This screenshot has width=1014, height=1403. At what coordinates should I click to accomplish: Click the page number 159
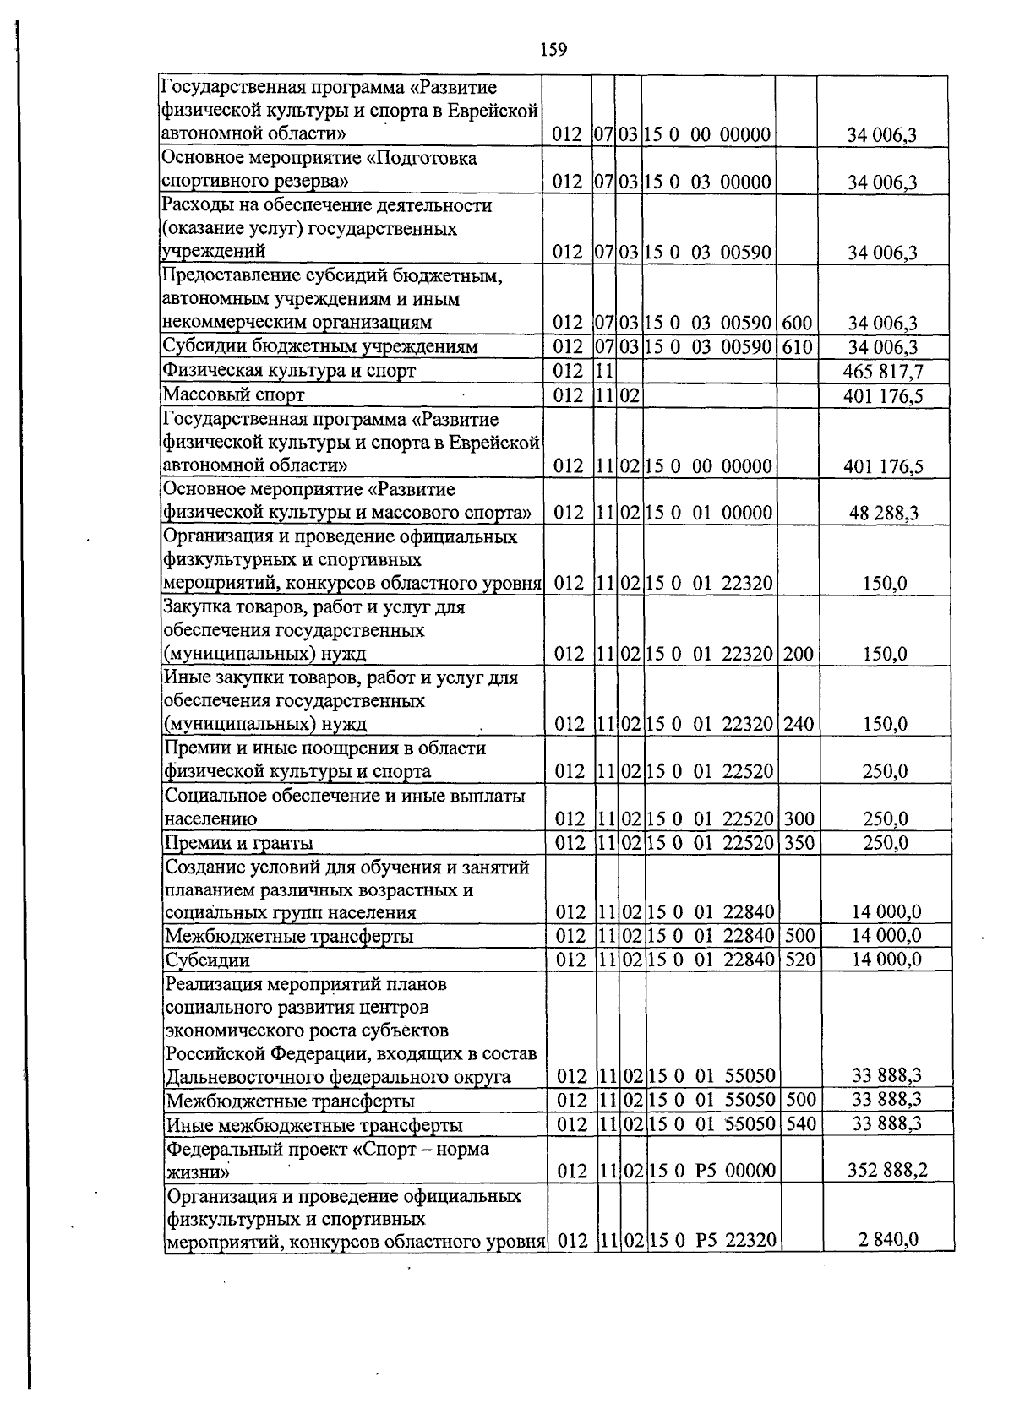(x=553, y=50)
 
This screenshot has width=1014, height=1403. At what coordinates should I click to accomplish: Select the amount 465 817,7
(x=882, y=371)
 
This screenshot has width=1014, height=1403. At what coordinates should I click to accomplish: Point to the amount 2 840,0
(x=890, y=1239)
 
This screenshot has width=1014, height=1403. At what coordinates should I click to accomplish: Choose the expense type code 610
(x=797, y=347)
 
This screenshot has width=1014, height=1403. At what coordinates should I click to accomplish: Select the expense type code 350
(x=799, y=842)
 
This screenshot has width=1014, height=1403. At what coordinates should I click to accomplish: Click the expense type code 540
(x=799, y=1123)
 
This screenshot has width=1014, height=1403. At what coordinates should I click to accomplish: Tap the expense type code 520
(x=799, y=959)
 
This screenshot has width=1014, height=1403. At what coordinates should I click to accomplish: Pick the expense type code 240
(x=799, y=724)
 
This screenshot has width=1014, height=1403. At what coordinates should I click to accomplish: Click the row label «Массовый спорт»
(x=233, y=394)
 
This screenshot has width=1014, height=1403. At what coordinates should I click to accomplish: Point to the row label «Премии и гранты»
(x=239, y=842)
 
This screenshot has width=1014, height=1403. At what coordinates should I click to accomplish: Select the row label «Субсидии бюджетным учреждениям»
(x=320, y=347)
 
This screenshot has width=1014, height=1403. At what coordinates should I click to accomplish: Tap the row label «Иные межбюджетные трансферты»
(x=314, y=1124)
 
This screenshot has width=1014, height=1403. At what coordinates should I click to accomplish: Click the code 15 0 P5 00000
(x=711, y=1170)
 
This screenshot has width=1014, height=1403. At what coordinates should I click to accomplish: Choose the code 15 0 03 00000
(x=708, y=182)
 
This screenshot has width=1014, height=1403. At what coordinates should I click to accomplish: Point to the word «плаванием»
(x=207, y=889)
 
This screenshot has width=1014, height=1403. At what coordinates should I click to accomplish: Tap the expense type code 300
(x=799, y=818)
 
